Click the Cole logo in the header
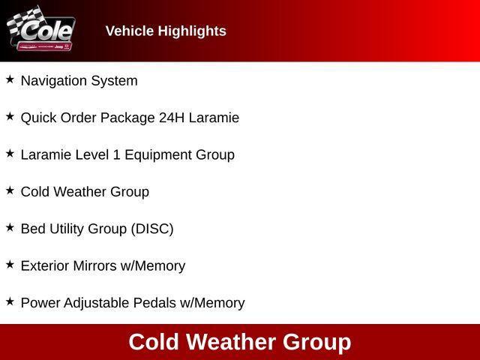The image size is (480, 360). tap(41, 30)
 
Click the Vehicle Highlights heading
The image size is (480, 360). tap(166, 31)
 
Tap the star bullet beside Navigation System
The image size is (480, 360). tap(10, 79)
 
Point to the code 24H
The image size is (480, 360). tap(175, 118)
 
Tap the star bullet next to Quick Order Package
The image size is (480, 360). tap(10, 116)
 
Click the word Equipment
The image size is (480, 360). tap(157, 154)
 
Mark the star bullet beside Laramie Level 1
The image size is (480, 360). tap(10, 153)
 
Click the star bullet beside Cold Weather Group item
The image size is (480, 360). tap(10, 190)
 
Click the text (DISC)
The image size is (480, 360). tap(152, 229)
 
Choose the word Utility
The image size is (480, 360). tap(67, 229)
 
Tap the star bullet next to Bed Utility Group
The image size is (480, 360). tap(10, 227)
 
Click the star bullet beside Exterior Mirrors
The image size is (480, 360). tap(10, 264)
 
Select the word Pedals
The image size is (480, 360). tap(154, 303)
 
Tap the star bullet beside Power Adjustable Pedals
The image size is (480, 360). tap(10, 301)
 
